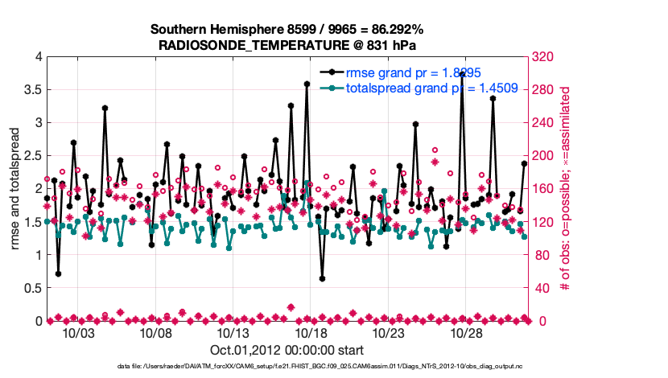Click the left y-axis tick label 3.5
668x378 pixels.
point(31,89)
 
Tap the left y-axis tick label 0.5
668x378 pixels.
point(31,288)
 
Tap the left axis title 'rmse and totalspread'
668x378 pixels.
point(15,189)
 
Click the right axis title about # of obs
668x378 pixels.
point(566,189)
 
